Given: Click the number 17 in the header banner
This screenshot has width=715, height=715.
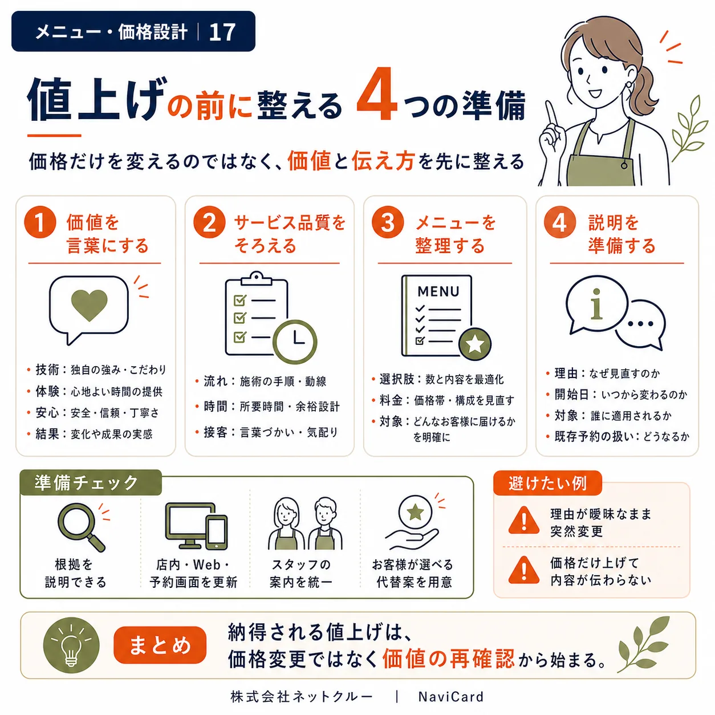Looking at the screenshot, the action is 222,32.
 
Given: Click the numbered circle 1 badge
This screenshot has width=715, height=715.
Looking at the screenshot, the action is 40,222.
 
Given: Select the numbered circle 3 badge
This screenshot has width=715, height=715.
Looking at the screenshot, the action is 387,222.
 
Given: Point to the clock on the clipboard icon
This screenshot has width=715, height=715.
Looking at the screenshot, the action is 295,342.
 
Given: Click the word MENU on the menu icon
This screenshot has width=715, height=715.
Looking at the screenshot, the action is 438,291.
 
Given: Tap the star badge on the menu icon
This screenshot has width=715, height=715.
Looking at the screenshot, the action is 475,344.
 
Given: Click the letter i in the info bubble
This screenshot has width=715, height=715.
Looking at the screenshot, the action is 596,304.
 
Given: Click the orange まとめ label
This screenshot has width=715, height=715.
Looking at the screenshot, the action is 160,645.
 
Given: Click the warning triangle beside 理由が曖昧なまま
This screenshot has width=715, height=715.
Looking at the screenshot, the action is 523,521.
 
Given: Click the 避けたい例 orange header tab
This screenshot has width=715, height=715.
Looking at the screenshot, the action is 547,483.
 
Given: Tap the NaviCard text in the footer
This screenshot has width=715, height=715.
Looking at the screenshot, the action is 451,697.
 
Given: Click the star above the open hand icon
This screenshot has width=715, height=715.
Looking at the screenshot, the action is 415,513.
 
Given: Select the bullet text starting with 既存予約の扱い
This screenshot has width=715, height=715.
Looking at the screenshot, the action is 622,436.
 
